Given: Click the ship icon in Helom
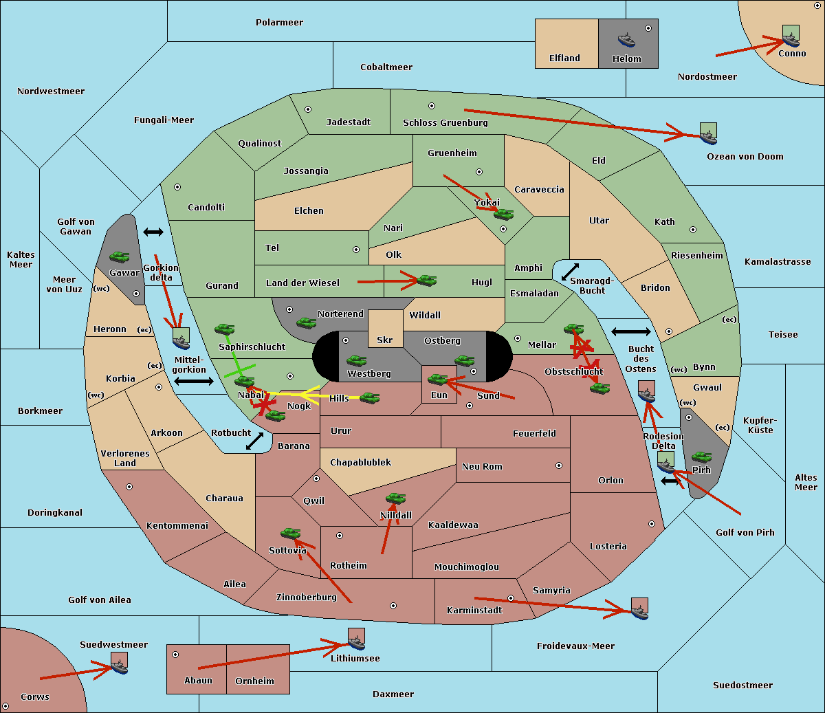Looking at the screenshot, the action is (626, 40).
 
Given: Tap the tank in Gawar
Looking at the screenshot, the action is (120, 257).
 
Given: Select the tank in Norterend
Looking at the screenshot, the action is (306, 323).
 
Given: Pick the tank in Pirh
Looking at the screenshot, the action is (701, 457).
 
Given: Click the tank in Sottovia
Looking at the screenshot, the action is (291, 534).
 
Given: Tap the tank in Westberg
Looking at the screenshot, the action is (356, 361).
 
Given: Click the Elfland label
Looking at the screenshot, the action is (564, 58).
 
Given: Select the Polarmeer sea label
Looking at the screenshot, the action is (279, 23).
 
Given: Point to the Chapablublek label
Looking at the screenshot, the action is (360, 462).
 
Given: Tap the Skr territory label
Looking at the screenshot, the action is (385, 340).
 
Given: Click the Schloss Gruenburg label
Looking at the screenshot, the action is (445, 122).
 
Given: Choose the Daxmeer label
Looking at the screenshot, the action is (393, 694).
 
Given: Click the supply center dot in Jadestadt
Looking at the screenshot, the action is (308, 109).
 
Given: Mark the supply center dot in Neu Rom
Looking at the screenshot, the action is (559, 465).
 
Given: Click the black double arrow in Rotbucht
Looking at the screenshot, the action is (254, 441).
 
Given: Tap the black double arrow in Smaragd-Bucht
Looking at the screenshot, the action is (570, 272).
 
